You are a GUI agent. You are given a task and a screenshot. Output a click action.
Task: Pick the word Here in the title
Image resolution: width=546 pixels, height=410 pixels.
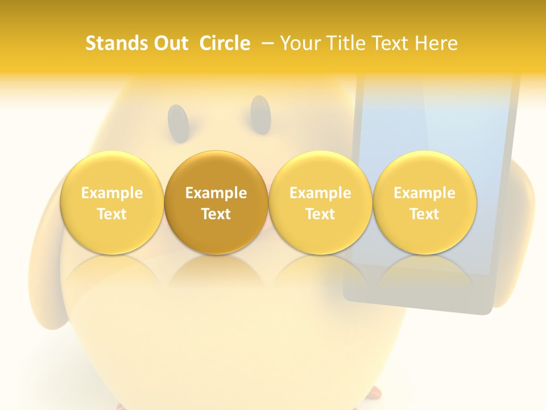pyautogui.click(x=437, y=43)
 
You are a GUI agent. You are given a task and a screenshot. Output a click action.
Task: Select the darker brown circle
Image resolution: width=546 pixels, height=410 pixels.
pyautogui.click(x=216, y=203)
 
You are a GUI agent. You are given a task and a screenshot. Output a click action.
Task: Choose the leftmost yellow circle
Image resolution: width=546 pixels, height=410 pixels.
pyautogui.click(x=112, y=203)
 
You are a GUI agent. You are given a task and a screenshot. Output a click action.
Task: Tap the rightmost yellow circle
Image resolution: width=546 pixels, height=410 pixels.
pyautogui.click(x=424, y=203)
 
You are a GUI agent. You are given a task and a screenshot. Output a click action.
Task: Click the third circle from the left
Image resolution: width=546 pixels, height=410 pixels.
pyautogui.click(x=320, y=203)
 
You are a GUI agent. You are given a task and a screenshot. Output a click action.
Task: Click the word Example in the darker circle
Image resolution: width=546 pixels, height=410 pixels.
pyautogui.click(x=216, y=193)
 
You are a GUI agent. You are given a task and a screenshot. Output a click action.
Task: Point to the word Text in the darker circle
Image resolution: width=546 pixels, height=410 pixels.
pyautogui.click(x=216, y=214)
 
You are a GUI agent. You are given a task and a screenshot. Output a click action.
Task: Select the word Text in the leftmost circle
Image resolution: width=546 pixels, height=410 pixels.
pyautogui.click(x=112, y=214)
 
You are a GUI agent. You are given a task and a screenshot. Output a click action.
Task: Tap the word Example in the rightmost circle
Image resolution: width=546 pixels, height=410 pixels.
pyautogui.click(x=424, y=193)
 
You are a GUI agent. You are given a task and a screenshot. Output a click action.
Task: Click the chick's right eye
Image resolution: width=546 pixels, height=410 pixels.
pyautogui.click(x=260, y=115)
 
